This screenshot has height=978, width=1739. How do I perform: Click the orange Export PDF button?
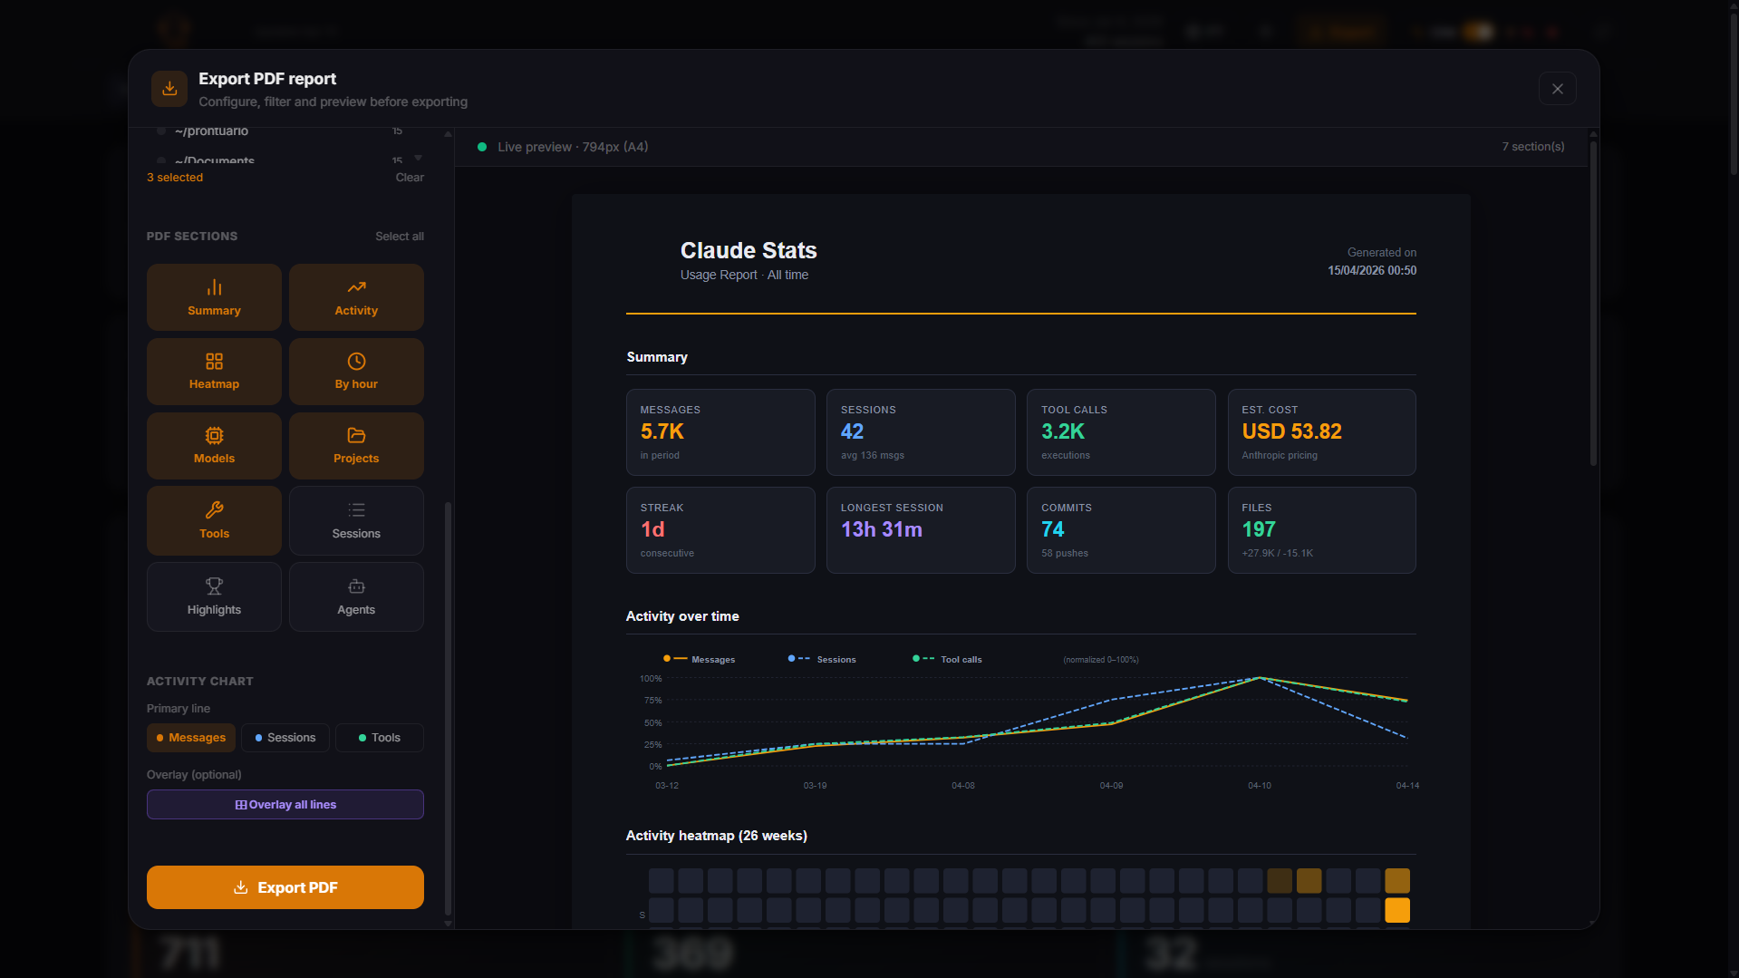point(285,887)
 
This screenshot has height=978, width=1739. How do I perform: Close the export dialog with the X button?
point(1557,89)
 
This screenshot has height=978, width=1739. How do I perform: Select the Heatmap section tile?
point(214,372)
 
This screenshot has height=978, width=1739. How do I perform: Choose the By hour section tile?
point(356,372)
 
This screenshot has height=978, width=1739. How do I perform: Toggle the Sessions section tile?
point(356,520)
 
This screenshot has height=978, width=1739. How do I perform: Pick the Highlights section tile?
point(214,596)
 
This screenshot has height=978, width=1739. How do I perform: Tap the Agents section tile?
point(356,596)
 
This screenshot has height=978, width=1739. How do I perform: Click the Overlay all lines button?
point(285,805)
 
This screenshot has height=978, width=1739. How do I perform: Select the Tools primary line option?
point(379,738)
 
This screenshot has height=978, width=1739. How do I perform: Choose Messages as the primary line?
point(191,738)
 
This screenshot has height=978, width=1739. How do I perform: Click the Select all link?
point(400,237)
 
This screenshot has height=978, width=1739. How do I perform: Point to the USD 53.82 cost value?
point(1291,431)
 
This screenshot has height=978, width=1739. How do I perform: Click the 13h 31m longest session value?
point(881,529)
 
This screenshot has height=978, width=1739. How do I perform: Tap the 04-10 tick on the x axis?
point(1259,786)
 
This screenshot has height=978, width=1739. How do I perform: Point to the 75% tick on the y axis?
point(652,701)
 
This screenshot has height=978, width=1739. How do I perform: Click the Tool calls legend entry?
point(960,660)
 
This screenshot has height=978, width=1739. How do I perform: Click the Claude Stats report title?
point(749,250)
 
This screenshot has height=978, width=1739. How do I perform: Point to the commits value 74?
point(1052,529)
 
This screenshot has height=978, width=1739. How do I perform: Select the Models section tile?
point(214,446)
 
